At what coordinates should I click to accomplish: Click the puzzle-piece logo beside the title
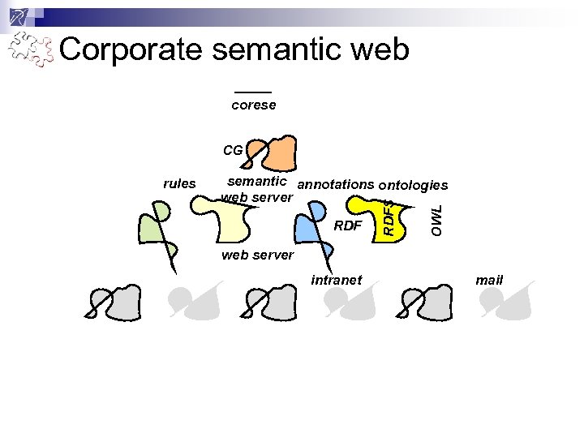pos(31,50)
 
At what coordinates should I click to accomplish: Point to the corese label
pos(253,105)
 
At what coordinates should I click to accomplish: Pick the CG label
pos(232,150)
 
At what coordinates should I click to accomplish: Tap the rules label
pos(179,183)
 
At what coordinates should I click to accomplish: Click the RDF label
pos(348,225)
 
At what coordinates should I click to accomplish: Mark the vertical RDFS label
pos(389,217)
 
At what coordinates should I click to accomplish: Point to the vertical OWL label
pos(436,220)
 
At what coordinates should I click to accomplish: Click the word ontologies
pos(414,186)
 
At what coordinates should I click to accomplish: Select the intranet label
pos(337,280)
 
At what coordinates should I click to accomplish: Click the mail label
pos(490,280)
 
